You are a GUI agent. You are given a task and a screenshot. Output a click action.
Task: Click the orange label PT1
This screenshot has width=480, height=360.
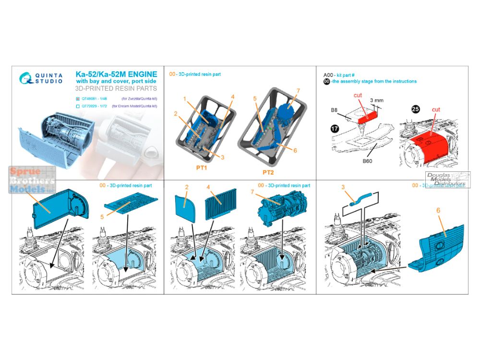pyautogui.click(x=204, y=170)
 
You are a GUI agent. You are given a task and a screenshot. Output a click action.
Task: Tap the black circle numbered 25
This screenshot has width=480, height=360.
pyautogui.click(x=416, y=109)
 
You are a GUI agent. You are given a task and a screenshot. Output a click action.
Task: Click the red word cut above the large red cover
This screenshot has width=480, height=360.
pyautogui.click(x=436, y=109)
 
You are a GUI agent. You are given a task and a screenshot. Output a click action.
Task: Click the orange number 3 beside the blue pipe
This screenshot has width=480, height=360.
pyautogui.click(x=343, y=186)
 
